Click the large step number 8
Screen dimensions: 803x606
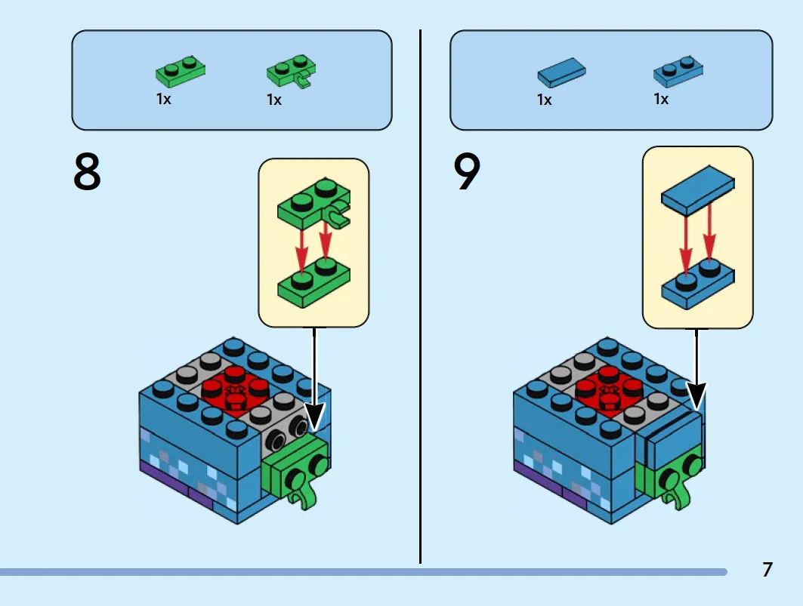[x=87, y=171]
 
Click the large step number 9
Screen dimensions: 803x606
[x=467, y=171]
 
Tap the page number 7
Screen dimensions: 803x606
[x=767, y=569]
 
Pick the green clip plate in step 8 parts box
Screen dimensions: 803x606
[x=291, y=72]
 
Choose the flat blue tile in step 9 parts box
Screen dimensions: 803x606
[x=562, y=72]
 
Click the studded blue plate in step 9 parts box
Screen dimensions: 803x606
[x=678, y=71]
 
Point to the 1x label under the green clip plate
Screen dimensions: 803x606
[x=274, y=100]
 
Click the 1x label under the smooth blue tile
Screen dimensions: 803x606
[x=545, y=100]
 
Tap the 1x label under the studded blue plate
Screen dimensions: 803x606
[x=661, y=98]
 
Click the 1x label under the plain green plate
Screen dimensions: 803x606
[x=163, y=98]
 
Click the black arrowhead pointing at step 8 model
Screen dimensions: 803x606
[x=314, y=416]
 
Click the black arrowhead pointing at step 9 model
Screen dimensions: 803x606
[x=696, y=396]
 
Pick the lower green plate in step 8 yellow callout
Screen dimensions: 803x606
[x=314, y=283]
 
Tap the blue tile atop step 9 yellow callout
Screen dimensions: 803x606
[x=697, y=189]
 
